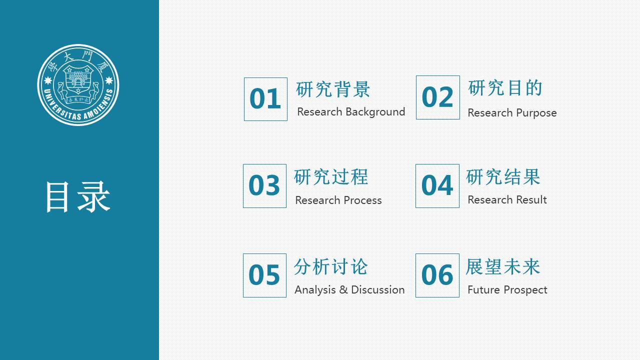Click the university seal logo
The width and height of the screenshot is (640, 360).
click(78, 84)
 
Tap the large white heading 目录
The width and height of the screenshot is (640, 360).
click(77, 197)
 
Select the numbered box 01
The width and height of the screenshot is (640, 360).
click(265, 99)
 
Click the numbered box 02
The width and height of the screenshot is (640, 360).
click(437, 97)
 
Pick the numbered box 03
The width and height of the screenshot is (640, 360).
click(264, 186)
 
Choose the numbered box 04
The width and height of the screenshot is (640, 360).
click(437, 186)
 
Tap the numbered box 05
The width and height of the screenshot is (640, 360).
click(264, 275)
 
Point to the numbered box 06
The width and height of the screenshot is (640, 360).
click(437, 275)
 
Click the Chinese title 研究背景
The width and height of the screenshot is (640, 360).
click(333, 89)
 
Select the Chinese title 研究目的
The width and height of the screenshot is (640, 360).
click(505, 88)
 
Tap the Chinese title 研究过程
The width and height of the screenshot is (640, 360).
click(331, 177)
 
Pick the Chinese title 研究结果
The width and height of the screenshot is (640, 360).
click(503, 177)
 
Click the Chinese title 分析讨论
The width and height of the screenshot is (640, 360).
click(331, 266)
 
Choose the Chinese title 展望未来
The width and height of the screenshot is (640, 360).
click(503, 266)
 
